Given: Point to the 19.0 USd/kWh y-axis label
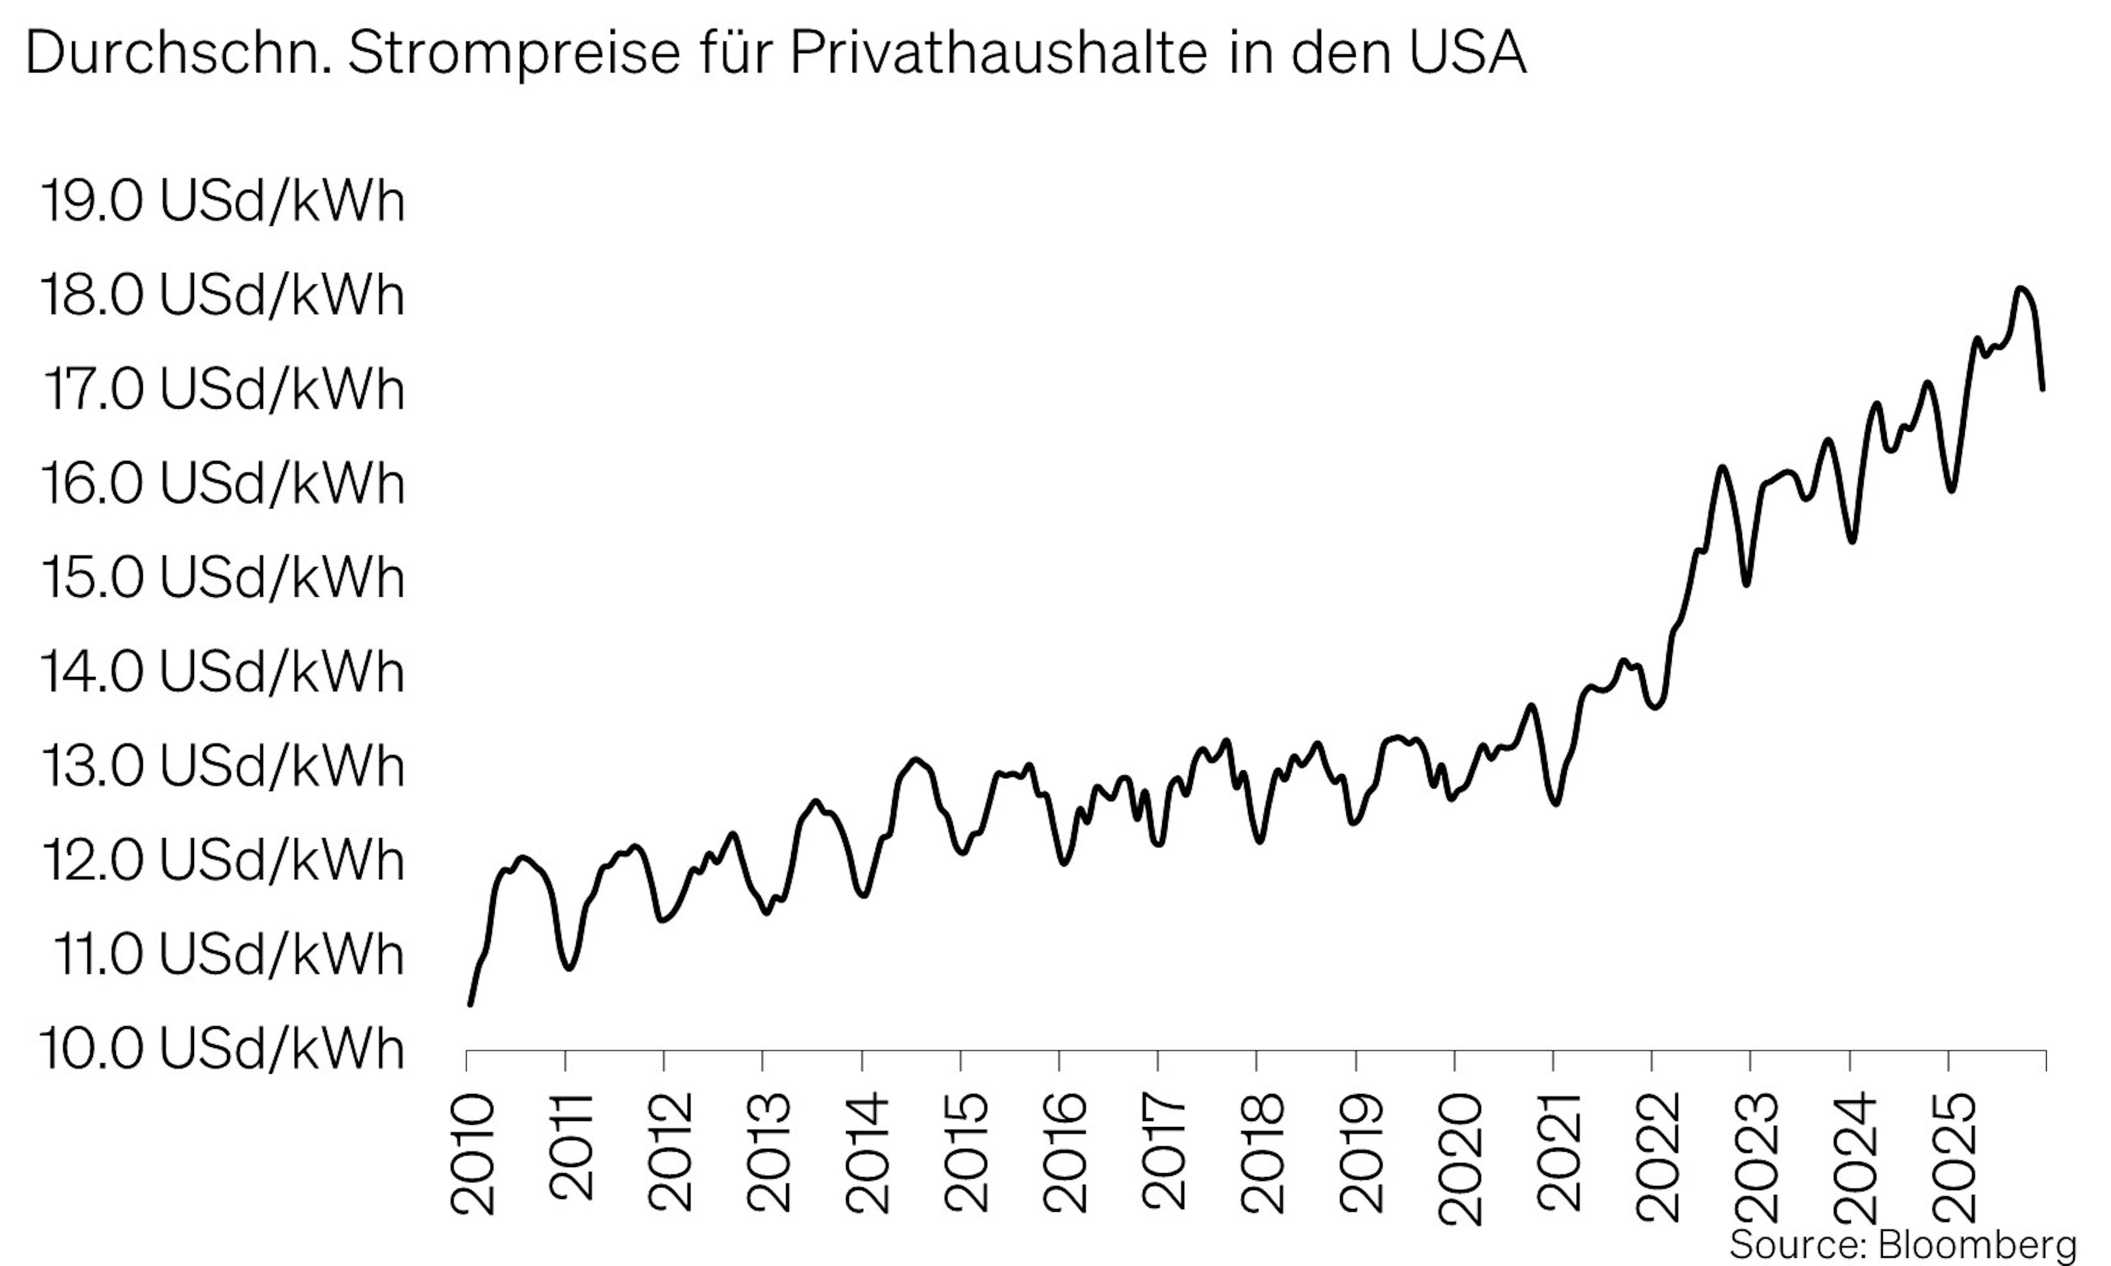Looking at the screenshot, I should click(222, 202).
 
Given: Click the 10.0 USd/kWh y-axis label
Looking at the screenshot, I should click(222, 1048).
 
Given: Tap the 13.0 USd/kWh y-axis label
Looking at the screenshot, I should click(222, 765).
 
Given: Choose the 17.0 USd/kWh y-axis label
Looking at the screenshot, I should click(222, 390).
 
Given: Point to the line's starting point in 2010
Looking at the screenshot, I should click(470, 1004).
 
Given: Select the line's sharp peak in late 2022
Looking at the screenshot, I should click(1721, 468).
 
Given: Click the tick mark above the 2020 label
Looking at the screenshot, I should click(1454, 1060).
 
